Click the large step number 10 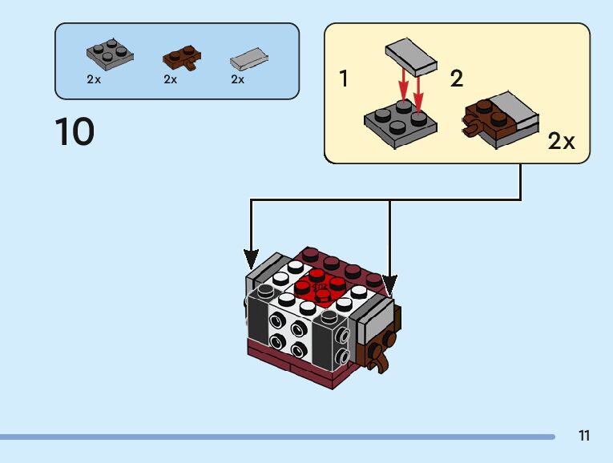(x=75, y=132)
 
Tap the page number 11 (x=583, y=437)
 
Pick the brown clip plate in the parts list (x=183, y=58)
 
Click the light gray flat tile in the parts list (x=248, y=58)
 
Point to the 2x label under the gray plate (x=94, y=80)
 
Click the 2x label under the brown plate (x=171, y=80)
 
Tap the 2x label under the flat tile (x=238, y=80)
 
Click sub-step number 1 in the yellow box (x=344, y=79)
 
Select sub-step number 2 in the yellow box (x=457, y=79)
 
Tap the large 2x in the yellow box (x=562, y=142)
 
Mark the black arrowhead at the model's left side (x=252, y=260)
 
